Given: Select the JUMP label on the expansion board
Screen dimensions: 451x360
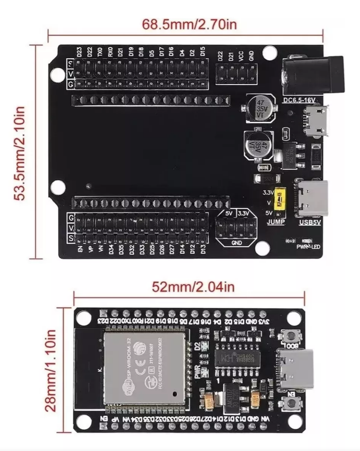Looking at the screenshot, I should tap(276, 222).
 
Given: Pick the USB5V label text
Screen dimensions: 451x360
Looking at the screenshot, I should tap(310, 222).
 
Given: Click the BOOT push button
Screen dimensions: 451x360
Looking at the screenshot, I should tap(293, 336).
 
